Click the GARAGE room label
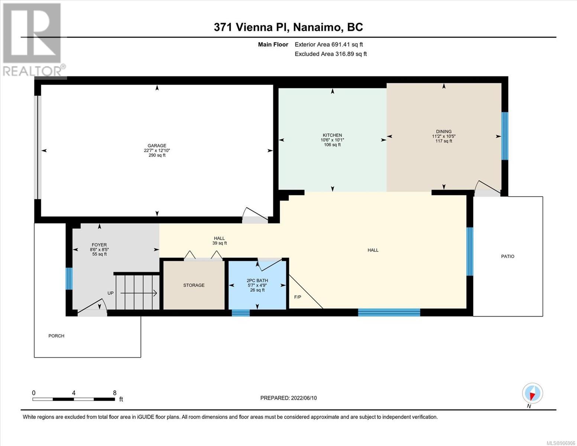[157, 146]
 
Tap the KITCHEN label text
[332, 135]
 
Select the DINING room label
[444, 132]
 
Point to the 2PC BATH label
[257, 281]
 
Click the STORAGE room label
[194, 285]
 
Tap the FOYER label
[99, 245]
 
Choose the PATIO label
[508, 256]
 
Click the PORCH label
[56, 336]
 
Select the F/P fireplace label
[298, 297]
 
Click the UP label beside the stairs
[110, 293]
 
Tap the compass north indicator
[532, 393]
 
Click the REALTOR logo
[33, 40]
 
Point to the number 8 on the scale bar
[115, 393]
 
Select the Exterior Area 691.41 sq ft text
[329, 45]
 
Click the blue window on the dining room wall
[505, 136]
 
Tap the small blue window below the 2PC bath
[241, 313]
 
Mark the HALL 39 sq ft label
[220, 241]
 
